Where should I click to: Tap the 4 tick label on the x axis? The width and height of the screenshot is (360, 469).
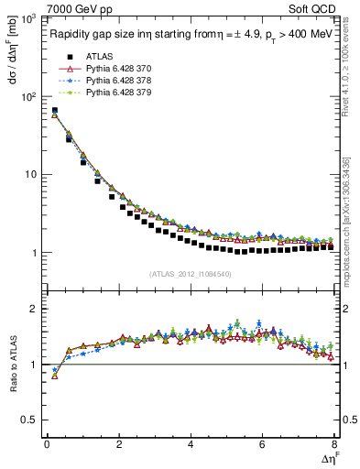click(x=191, y=445)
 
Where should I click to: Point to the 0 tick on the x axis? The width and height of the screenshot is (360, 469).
click(x=47, y=445)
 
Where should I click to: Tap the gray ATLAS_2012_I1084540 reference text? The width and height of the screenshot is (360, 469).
click(x=191, y=272)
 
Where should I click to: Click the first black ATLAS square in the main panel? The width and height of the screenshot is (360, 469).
click(x=54, y=111)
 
